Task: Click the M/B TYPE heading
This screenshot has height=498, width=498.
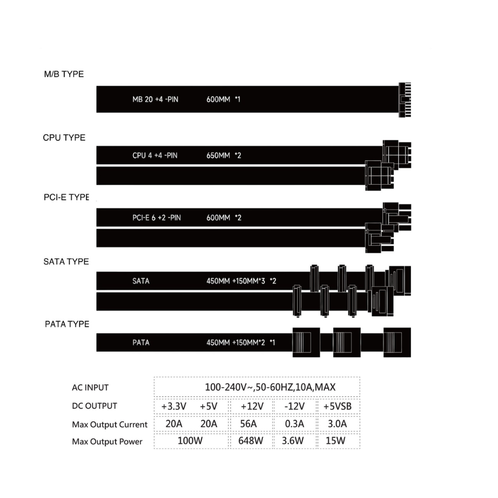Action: click(64, 74)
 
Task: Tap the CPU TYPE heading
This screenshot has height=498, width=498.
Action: click(64, 137)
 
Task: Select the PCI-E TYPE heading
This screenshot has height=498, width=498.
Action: click(66, 197)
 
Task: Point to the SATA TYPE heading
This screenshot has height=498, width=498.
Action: click(66, 261)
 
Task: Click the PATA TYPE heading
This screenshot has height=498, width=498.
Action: click(67, 324)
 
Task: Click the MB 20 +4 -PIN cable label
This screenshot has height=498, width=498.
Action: click(155, 100)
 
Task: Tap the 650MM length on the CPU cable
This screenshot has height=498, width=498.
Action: click(218, 155)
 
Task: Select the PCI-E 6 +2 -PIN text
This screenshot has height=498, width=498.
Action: click(156, 218)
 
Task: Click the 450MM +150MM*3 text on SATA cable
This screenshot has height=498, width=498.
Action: click(236, 281)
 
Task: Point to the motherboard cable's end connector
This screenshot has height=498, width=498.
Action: click(405, 100)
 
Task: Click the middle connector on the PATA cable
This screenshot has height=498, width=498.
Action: click(347, 343)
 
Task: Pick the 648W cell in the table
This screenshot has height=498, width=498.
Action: click(250, 441)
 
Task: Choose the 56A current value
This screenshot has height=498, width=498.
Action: click(249, 423)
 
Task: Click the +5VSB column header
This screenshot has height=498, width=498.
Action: click(337, 406)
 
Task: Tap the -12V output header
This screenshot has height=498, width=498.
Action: click(294, 406)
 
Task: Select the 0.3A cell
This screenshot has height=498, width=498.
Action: click(294, 423)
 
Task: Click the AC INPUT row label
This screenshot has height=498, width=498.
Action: click(90, 387)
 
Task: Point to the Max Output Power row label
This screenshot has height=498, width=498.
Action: click(107, 441)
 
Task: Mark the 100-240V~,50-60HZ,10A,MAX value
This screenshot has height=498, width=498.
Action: click(270, 387)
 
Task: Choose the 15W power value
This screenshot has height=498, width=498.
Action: click(335, 441)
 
